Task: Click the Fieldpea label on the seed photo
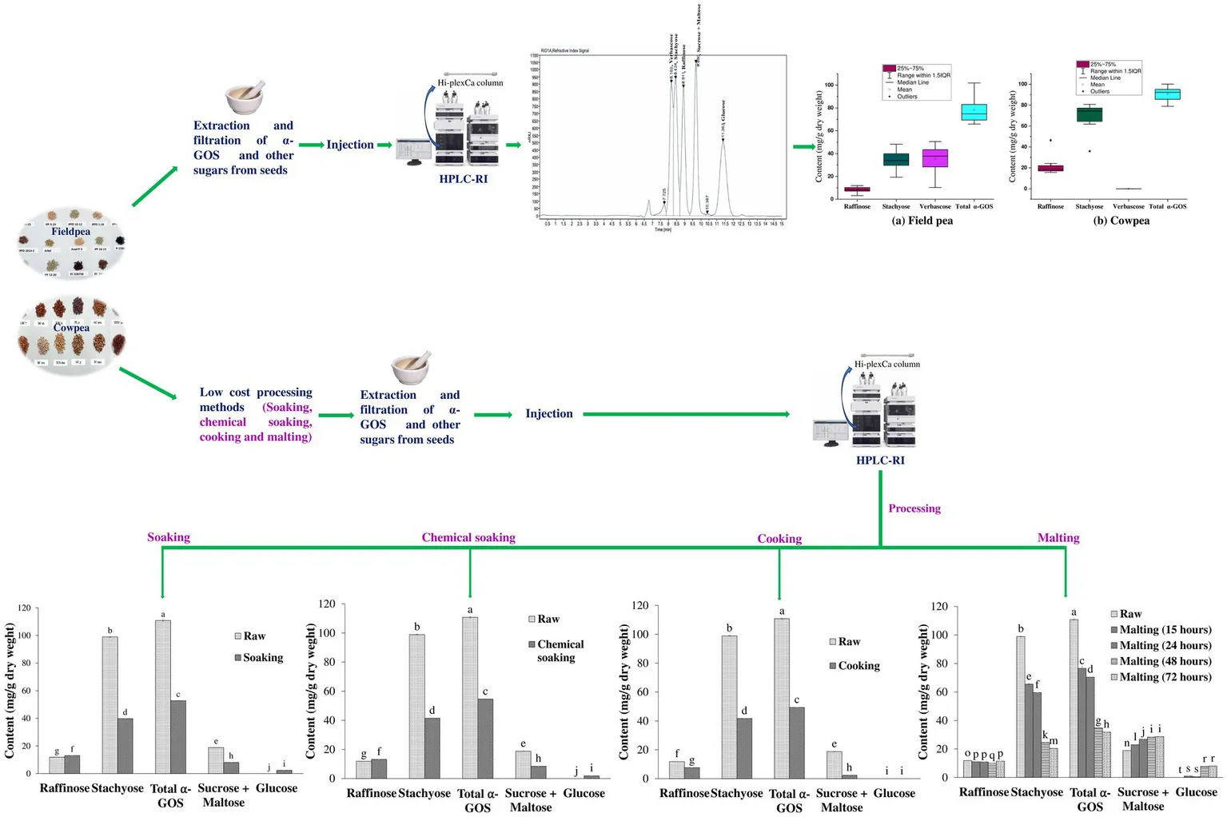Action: pyautogui.click(x=70, y=232)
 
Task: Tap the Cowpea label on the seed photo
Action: pyautogui.click(x=71, y=328)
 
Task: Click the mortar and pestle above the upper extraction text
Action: pyautogui.click(x=244, y=98)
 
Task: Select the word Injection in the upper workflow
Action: pyautogui.click(x=350, y=145)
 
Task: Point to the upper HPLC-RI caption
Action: pyautogui.click(x=463, y=179)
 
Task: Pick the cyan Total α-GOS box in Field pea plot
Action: pyautogui.click(x=974, y=112)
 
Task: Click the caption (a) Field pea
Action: pyautogui.click(x=922, y=221)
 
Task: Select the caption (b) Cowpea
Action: pyautogui.click(x=1121, y=221)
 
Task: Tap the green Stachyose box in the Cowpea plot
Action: pyautogui.click(x=1089, y=115)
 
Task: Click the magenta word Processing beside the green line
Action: pyautogui.click(x=914, y=508)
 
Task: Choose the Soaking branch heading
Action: pyautogui.click(x=169, y=537)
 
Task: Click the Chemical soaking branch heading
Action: pyautogui.click(x=468, y=538)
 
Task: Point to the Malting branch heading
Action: pyautogui.click(x=1058, y=538)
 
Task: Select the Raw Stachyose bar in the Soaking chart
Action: pyautogui.click(x=110, y=704)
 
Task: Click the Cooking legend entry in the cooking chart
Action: pyautogui.click(x=859, y=666)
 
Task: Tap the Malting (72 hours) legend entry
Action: pyautogui.click(x=1165, y=677)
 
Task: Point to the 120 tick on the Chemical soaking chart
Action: pyautogui.click(x=328, y=604)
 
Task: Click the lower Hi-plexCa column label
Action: pyautogui.click(x=886, y=365)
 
